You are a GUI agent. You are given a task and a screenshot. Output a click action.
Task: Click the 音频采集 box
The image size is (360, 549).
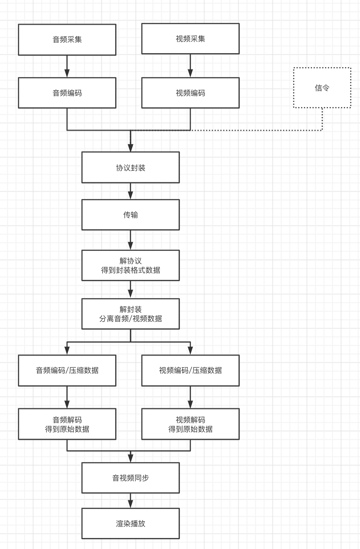click(x=67, y=40)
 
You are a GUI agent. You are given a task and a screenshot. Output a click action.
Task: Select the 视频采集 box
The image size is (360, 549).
click(x=190, y=39)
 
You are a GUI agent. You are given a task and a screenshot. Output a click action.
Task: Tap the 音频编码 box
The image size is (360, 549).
click(x=67, y=93)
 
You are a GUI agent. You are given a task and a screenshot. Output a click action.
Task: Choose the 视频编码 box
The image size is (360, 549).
click(x=190, y=93)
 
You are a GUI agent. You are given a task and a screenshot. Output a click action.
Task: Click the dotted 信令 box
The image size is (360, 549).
click(x=322, y=88)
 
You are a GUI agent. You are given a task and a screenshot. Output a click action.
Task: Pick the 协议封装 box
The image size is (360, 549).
click(x=130, y=168)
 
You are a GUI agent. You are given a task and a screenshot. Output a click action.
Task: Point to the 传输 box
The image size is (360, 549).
click(x=130, y=215)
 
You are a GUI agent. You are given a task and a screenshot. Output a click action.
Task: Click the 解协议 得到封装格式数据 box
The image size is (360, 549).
click(x=130, y=265)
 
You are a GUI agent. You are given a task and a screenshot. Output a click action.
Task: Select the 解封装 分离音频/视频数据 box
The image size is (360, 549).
click(x=130, y=314)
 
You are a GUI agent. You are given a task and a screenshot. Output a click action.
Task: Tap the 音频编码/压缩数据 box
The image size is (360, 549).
click(x=67, y=370)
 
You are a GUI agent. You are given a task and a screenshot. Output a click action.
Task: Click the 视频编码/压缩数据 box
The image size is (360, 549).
click(x=190, y=370)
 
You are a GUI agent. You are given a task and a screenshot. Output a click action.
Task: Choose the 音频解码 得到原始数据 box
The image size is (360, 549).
click(x=67, y=424)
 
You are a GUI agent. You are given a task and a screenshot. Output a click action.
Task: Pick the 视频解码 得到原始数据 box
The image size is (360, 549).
click(x=190, y=424)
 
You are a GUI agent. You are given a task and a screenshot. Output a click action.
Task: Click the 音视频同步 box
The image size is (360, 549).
click(x=130, y=478)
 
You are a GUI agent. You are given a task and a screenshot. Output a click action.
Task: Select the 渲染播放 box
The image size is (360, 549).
click(x=130, y=523)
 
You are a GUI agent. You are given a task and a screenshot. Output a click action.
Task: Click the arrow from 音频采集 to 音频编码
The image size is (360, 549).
click(x=67, y=66)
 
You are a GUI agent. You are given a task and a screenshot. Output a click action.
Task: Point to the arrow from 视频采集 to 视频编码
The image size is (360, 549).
click(x=190, y=66)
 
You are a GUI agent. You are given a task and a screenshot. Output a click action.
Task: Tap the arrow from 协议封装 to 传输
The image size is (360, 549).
click(x=130, y=191)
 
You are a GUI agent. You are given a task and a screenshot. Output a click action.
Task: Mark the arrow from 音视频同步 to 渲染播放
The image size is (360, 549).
click(x=130, y=501)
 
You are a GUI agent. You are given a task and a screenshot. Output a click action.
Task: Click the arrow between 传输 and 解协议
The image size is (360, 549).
click(x=130, y=240)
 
